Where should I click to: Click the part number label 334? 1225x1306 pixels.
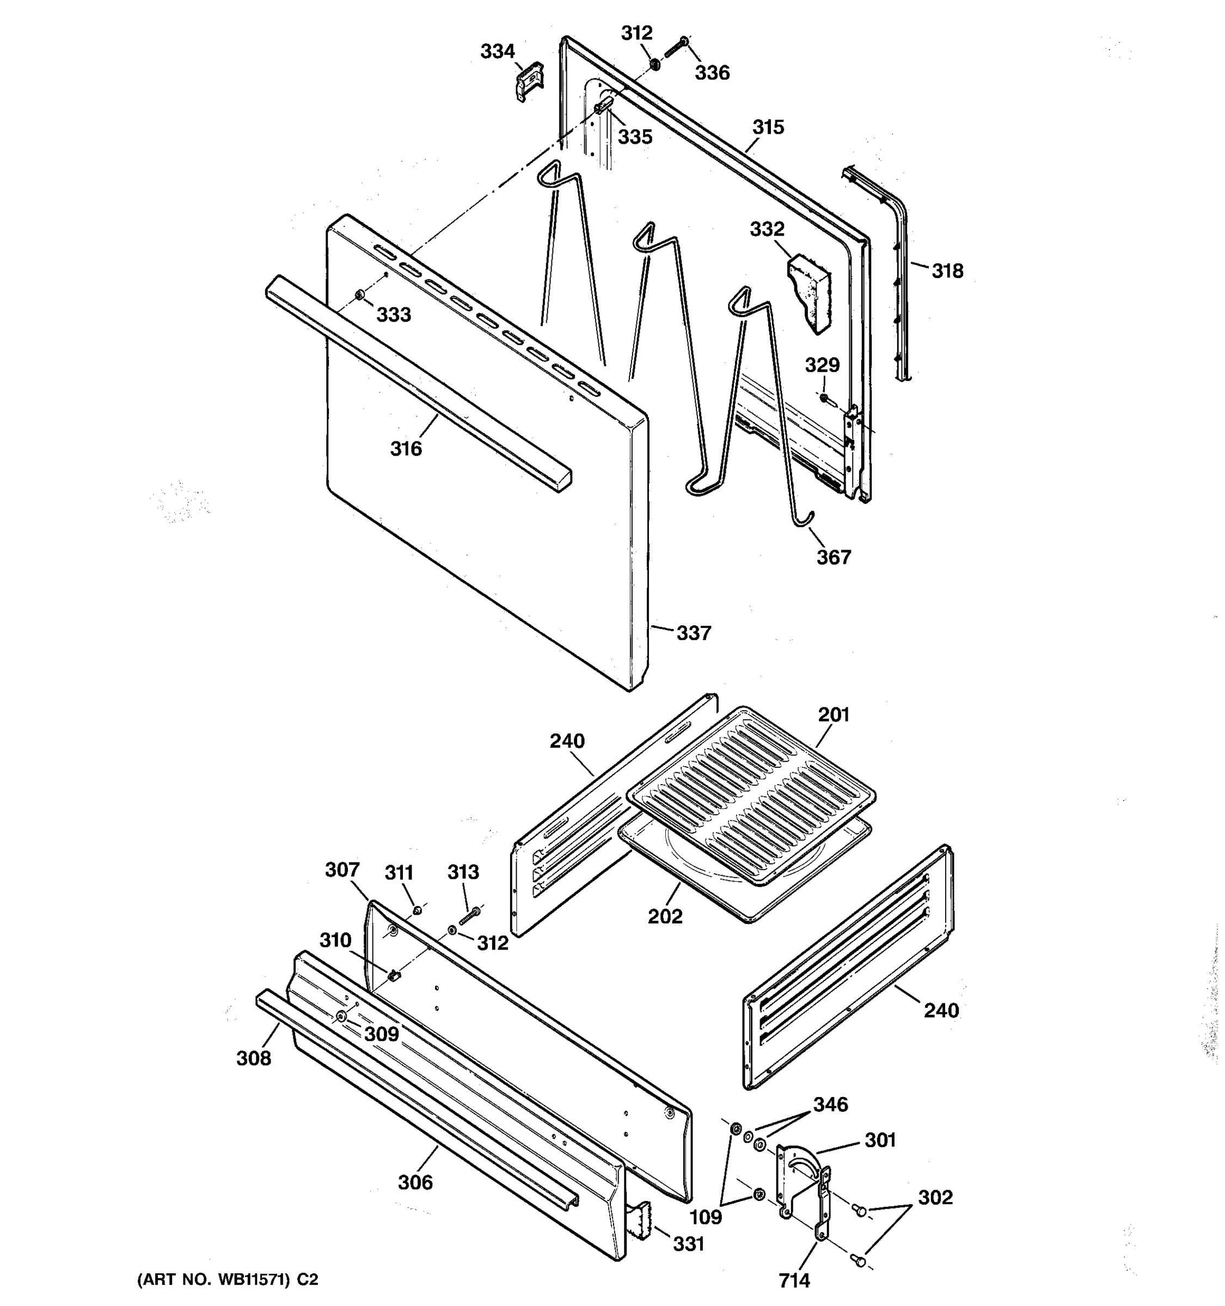[498, 51]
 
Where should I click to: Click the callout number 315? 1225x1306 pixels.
[768, 127]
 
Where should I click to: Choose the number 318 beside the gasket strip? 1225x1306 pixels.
[947, 270]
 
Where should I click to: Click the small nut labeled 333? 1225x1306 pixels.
[359, 295]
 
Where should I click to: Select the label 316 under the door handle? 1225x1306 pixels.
[406, 449]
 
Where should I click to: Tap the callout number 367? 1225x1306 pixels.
[834, 557]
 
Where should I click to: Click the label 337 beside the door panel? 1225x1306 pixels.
[694, 633]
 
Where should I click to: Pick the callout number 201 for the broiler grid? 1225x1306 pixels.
[834, 714]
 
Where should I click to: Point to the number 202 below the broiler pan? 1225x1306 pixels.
[665, 916]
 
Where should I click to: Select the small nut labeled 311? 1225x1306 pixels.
[416, 910]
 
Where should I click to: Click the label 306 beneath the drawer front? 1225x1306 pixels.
[415, 1182]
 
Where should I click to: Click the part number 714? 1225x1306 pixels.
[794, 1280]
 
